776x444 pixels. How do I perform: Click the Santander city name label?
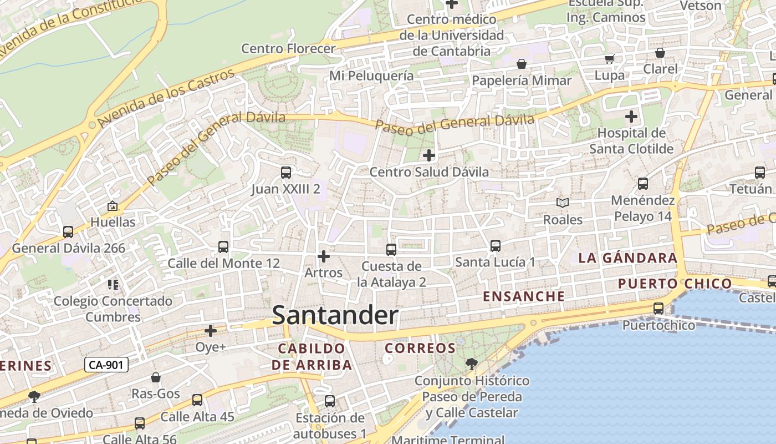[x=335, y=315]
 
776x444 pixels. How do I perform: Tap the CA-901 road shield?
[x=106, y=365]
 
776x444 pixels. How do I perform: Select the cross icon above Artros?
[x=324, y=256]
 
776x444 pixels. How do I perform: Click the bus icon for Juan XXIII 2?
[x=286, y=173]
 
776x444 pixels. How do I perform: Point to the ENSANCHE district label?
[x=524, y=296]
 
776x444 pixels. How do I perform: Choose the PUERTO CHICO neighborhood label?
[x=675, y=284]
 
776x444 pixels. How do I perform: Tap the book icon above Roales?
[x=563, y=203]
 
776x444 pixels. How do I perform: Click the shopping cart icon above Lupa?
[x=610, y=59]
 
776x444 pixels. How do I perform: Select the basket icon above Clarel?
[x=660, y=53]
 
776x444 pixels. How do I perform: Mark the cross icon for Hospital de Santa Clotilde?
[x=631, y=117]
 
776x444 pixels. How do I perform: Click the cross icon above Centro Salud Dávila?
[x=428, y=155]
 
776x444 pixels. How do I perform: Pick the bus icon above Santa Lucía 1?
[x=496, y=245]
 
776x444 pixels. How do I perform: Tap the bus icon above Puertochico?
[x=658, y=309]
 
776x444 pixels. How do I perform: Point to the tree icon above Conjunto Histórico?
[x=472, y=364]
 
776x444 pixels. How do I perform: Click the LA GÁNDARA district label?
[x=627, y=258]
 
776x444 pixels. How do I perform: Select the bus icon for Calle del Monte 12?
[x=223, y=247]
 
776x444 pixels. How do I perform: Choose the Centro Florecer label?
[x=288, y=48]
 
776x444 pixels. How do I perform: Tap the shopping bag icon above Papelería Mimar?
[x=522, y=64]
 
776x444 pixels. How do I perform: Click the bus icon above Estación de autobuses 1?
[x=330, y=401]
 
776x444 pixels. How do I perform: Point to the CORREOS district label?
[x=420, y=349]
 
